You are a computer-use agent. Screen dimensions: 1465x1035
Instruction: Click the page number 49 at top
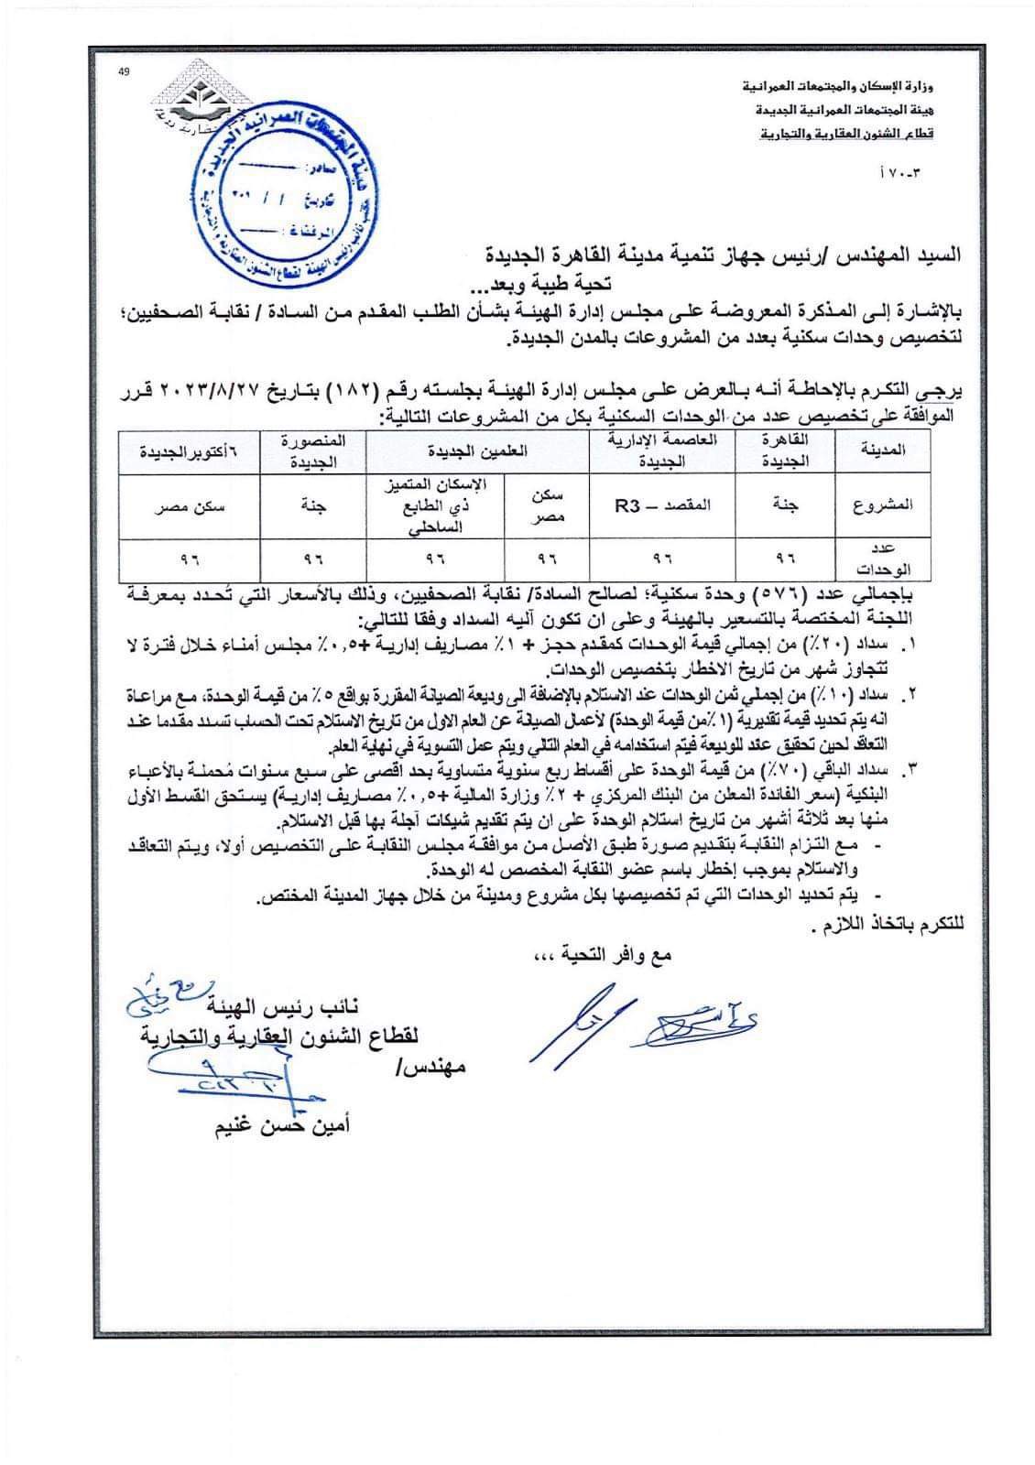point(125,75)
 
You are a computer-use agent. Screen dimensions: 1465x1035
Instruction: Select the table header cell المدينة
point(885,450)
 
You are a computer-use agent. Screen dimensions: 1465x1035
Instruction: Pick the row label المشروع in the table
point(885,505)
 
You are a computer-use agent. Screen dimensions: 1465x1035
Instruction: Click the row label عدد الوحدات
point(885,558)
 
